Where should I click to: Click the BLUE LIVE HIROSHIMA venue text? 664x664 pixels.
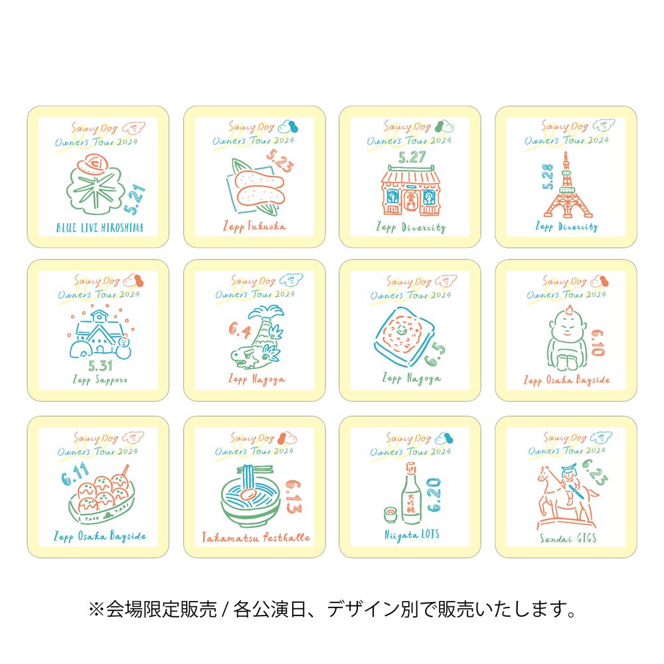tap(98, 228)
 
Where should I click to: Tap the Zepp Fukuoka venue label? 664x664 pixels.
tap(254, 226)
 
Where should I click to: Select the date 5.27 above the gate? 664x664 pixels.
tap(410, 157)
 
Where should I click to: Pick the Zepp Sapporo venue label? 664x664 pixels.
tap(98, 380)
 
